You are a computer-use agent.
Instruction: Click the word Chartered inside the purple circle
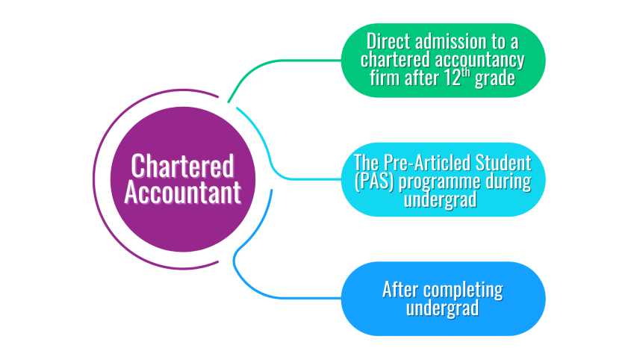[x=183, y=166]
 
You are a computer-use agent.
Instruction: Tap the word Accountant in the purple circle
[x=183, y=192]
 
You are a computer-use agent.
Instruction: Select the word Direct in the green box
[x=386, y=41]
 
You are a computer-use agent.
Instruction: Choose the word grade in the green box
[x=497, y=79]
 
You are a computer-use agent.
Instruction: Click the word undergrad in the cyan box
[x=441, y=200]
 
